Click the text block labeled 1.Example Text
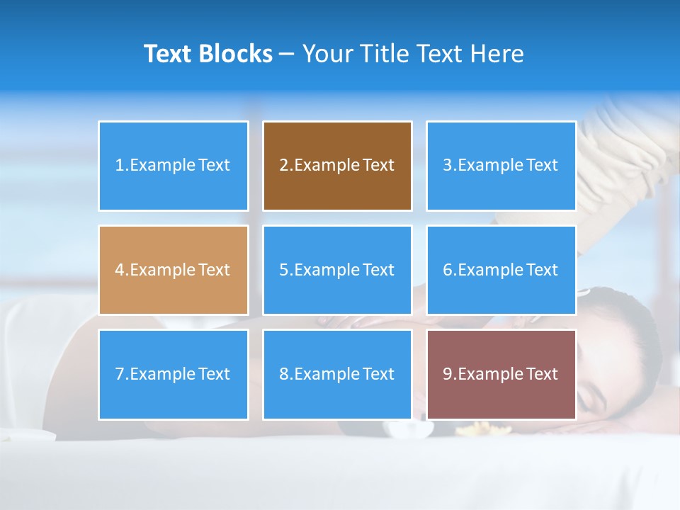(173, 166)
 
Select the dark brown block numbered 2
(337, 166)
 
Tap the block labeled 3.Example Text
(501, 166)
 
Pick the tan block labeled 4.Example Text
(173, 270)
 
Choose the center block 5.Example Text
(337, 270)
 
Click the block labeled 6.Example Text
(501, 270)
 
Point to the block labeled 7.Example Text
(173, 374)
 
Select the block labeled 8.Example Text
(337, 374)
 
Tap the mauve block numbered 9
(501, 374)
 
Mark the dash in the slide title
(287, 55)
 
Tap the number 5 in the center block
(283, 270)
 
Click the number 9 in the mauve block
(447, 374)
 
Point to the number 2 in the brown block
(283, 166)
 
